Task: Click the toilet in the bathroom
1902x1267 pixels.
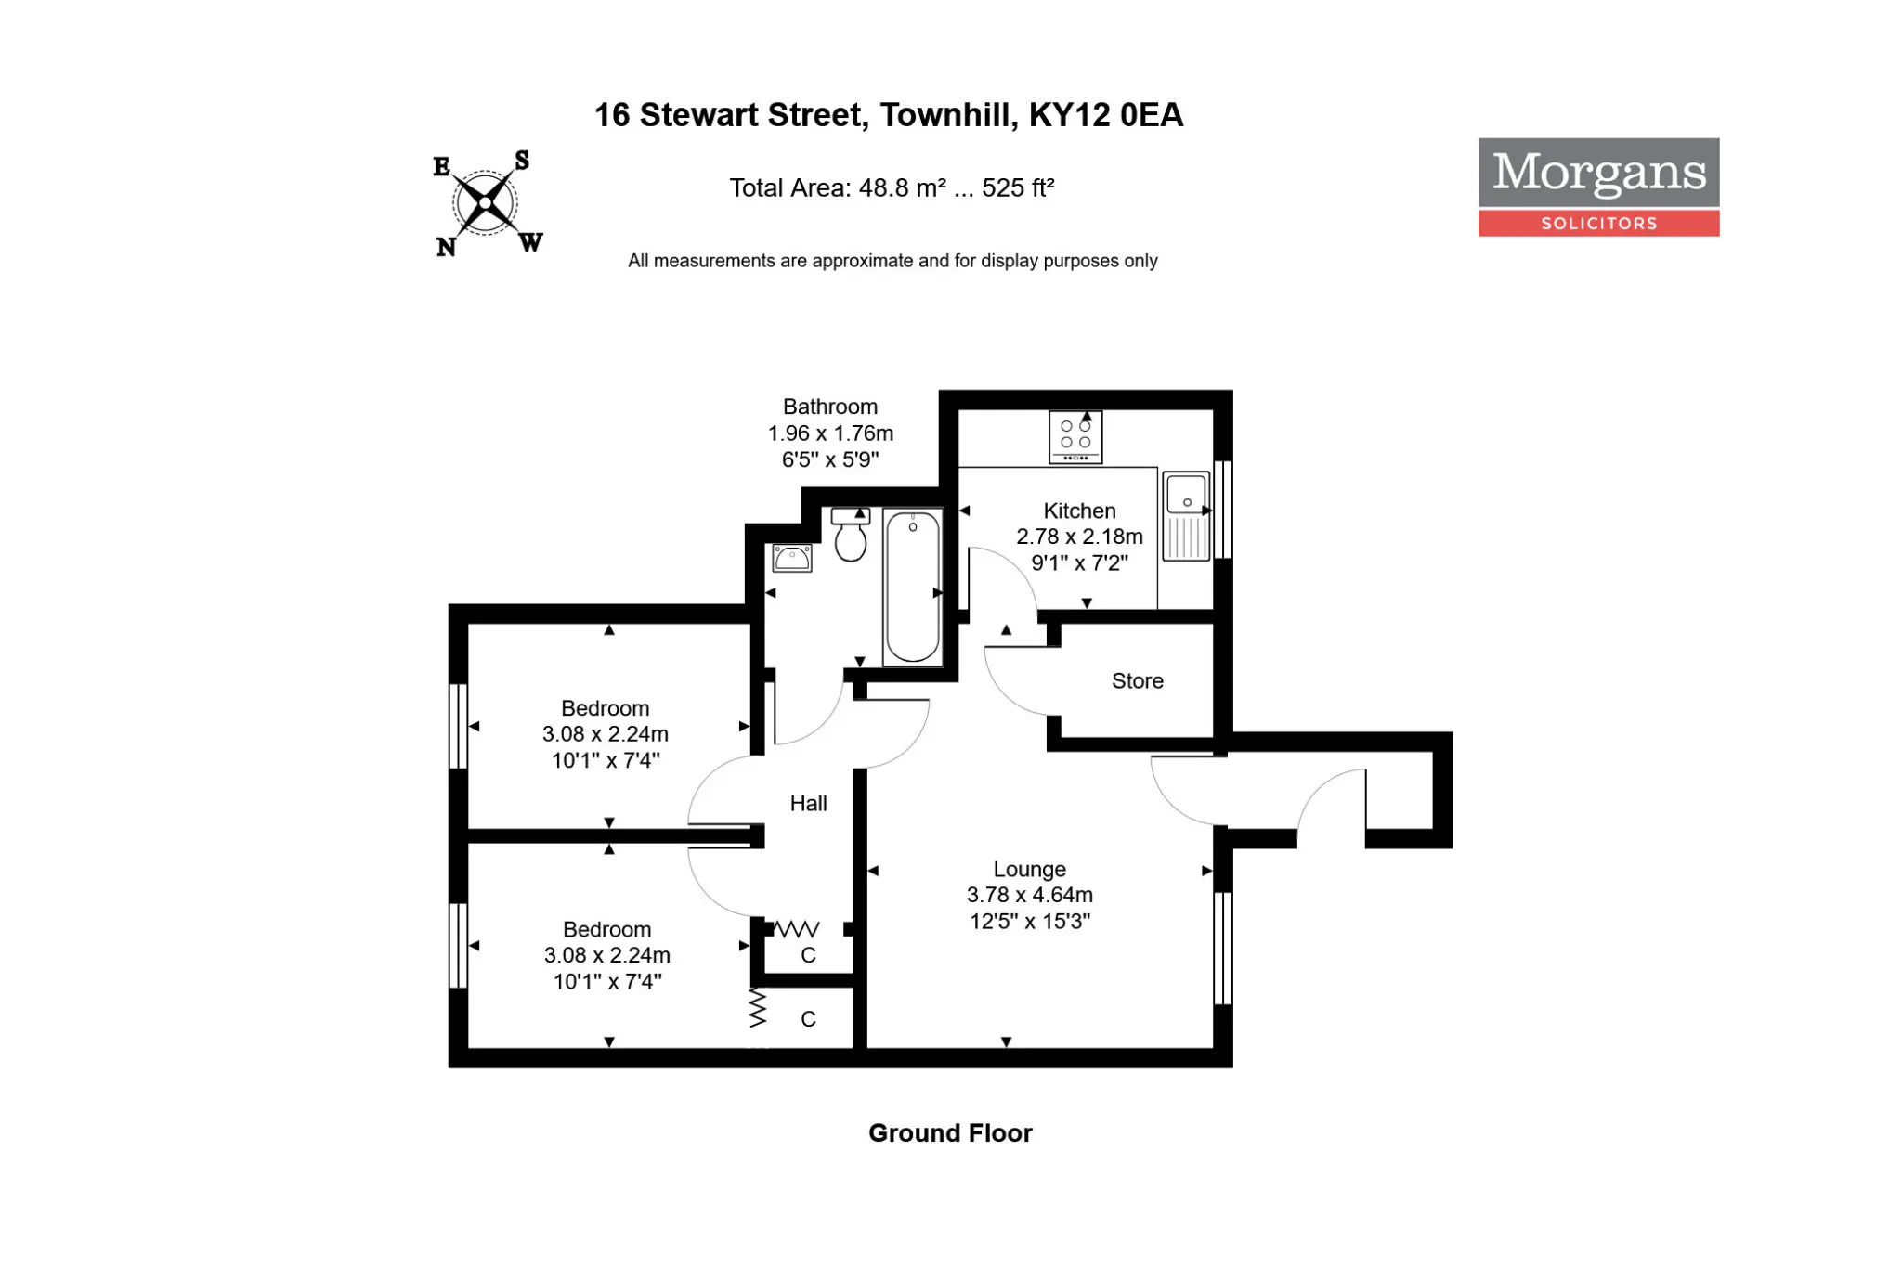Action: coord(850,535)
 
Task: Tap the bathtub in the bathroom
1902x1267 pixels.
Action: coord(913,587)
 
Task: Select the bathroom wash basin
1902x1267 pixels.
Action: coord(792,558)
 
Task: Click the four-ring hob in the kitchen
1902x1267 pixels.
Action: coord(1075,436)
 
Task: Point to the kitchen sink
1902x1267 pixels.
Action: coord(1187,516)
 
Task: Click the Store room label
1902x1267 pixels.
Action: coord(1138,681)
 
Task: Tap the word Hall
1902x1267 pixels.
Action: coord(808,804)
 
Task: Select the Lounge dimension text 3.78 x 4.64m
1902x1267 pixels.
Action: coord(1030,895)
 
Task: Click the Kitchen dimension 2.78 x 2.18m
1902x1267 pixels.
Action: coord(1079,537)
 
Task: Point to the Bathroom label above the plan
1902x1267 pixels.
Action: coord(830,407)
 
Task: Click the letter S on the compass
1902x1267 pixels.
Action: coord(522,161)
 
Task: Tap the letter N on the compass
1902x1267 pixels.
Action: coord(446,247)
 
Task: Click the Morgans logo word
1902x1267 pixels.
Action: coord(1599,173)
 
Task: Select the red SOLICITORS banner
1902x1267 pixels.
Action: coord(1599,223)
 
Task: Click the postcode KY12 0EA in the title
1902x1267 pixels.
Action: coord(1106,115)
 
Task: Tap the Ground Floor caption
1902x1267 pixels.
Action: coord(950,1133)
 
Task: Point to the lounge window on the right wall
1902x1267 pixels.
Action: coord(1223,948)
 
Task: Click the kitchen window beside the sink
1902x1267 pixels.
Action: coord(1223,510)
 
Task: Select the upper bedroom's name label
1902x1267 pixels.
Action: coord(606,708)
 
